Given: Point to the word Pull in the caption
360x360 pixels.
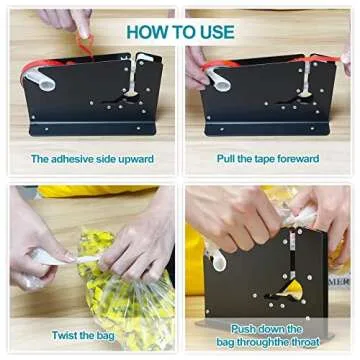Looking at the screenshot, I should [227, 159].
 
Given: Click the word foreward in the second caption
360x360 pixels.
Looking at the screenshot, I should [297, 159].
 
